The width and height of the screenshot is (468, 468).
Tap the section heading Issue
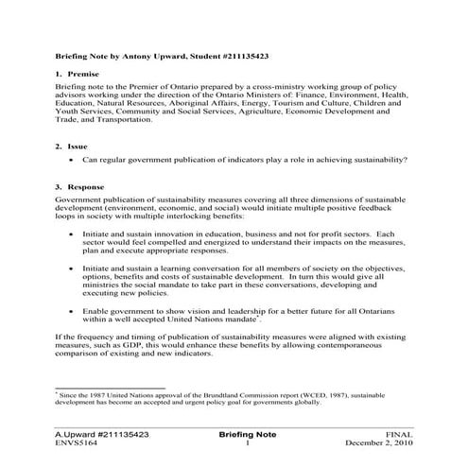(78, 147)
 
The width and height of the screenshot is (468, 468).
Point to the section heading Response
(88, 188)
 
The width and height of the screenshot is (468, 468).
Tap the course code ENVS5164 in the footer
(78, 442)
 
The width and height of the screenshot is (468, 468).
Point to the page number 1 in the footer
(246, 442)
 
